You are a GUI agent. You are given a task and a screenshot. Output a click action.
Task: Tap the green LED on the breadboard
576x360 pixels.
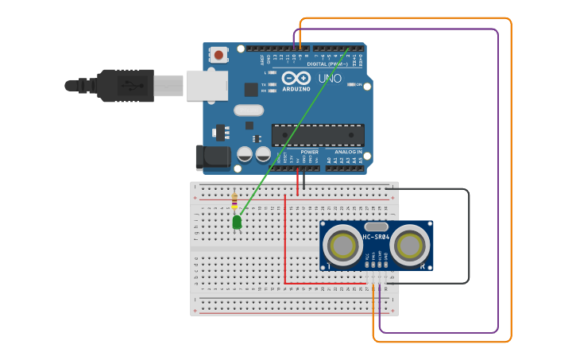[x=237, y=223]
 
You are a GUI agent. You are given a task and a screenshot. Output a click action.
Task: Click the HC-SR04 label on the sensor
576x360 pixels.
[x=376, y=237]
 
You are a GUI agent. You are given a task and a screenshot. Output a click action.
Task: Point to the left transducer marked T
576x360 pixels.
[x=343, y=246]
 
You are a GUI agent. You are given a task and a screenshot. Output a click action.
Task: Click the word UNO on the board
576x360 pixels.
[x=330, y=79]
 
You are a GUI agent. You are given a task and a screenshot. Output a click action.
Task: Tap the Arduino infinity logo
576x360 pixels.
[x=295, y=79]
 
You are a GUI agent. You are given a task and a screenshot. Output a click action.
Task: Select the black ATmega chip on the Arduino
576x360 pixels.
[x=318, y=135]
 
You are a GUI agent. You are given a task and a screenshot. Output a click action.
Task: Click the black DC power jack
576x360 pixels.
[x=211, y=157]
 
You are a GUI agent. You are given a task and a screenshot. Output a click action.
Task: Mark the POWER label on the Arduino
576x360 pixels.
[x=309, y=152]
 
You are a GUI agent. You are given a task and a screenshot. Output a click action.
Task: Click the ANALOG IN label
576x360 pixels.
[x=348, y=152]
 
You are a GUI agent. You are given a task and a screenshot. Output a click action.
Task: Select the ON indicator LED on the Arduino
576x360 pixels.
[x=350, y=84]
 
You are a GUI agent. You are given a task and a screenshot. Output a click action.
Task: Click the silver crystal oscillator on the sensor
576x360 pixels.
[x=376, y=226]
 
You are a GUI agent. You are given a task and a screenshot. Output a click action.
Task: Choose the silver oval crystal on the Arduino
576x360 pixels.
[x=248, y=110]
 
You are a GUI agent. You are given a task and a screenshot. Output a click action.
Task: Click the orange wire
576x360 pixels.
[x=511, y=183]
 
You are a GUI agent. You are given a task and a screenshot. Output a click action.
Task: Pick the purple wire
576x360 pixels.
[x=498, y=183]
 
